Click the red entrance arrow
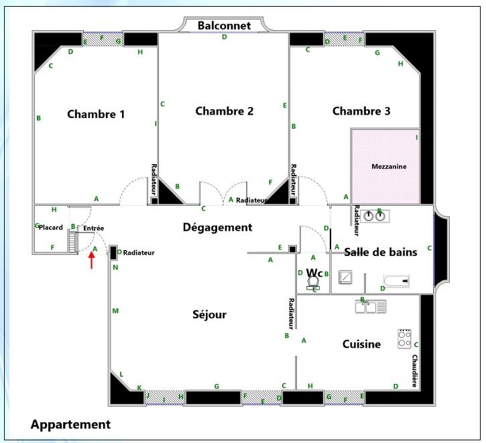click(x=91, y=260)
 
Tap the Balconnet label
click(x=224, y=25)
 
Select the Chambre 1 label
click(x=96, y=114)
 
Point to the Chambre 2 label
click(x=225, y=111)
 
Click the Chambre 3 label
click(x=361, y=111)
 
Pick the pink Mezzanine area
click(x=386, y=167)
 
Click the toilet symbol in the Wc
click(x=313, y=283)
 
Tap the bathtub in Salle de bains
click(x=396, y=281)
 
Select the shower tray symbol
click(x=345, y=277)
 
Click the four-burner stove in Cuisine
click(x=404, y=338)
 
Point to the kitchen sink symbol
click(x=371, y=307)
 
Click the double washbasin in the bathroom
click(x=374, y=216)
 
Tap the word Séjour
click(x=210, y=315)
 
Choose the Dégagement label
click(x=218, y=227)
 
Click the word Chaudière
click(x=415, y=371)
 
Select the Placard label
click(x=51, y=227)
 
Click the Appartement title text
click(x=70, y=424)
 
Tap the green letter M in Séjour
click(x=115, y=311)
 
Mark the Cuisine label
click(x=362, y=344)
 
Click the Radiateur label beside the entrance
click(x=139, y=253)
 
